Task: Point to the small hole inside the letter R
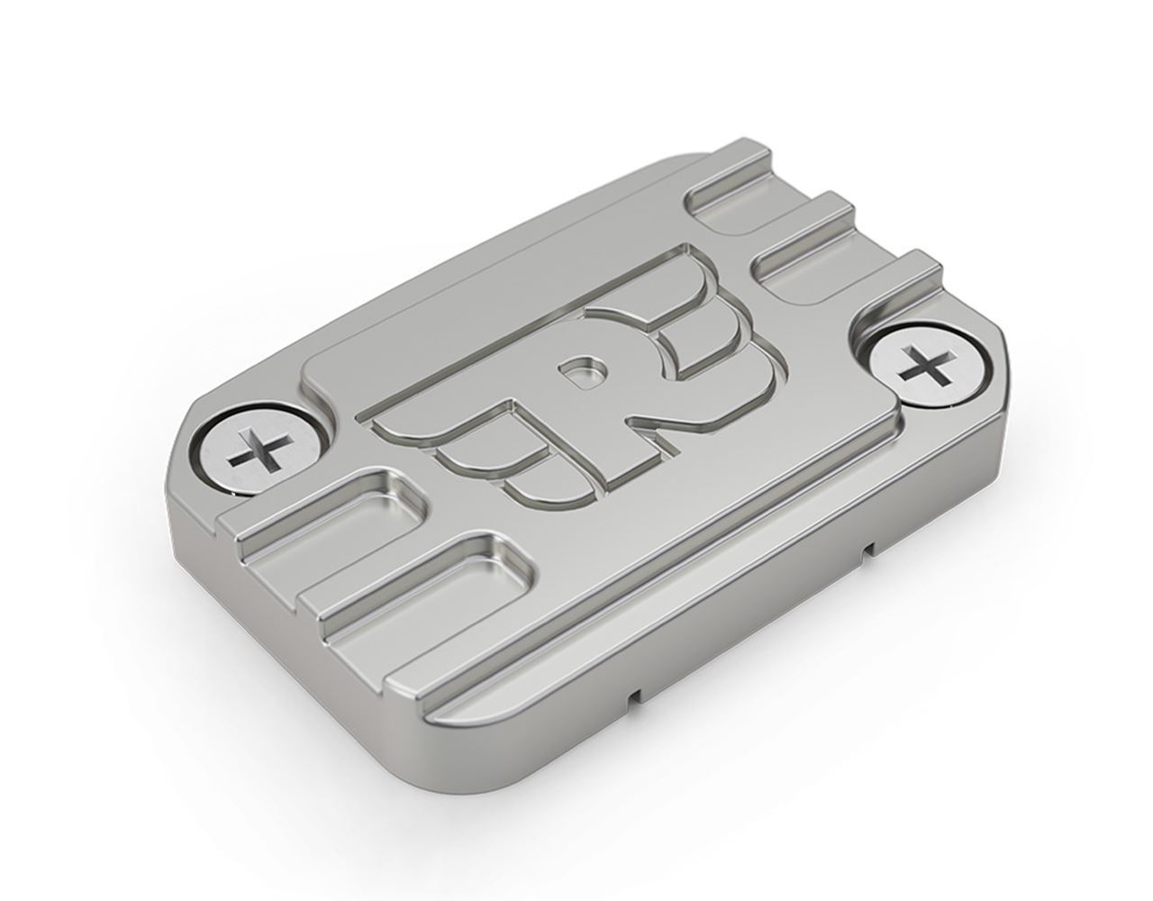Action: point(582,369)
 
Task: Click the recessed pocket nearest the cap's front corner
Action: point(424,590)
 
